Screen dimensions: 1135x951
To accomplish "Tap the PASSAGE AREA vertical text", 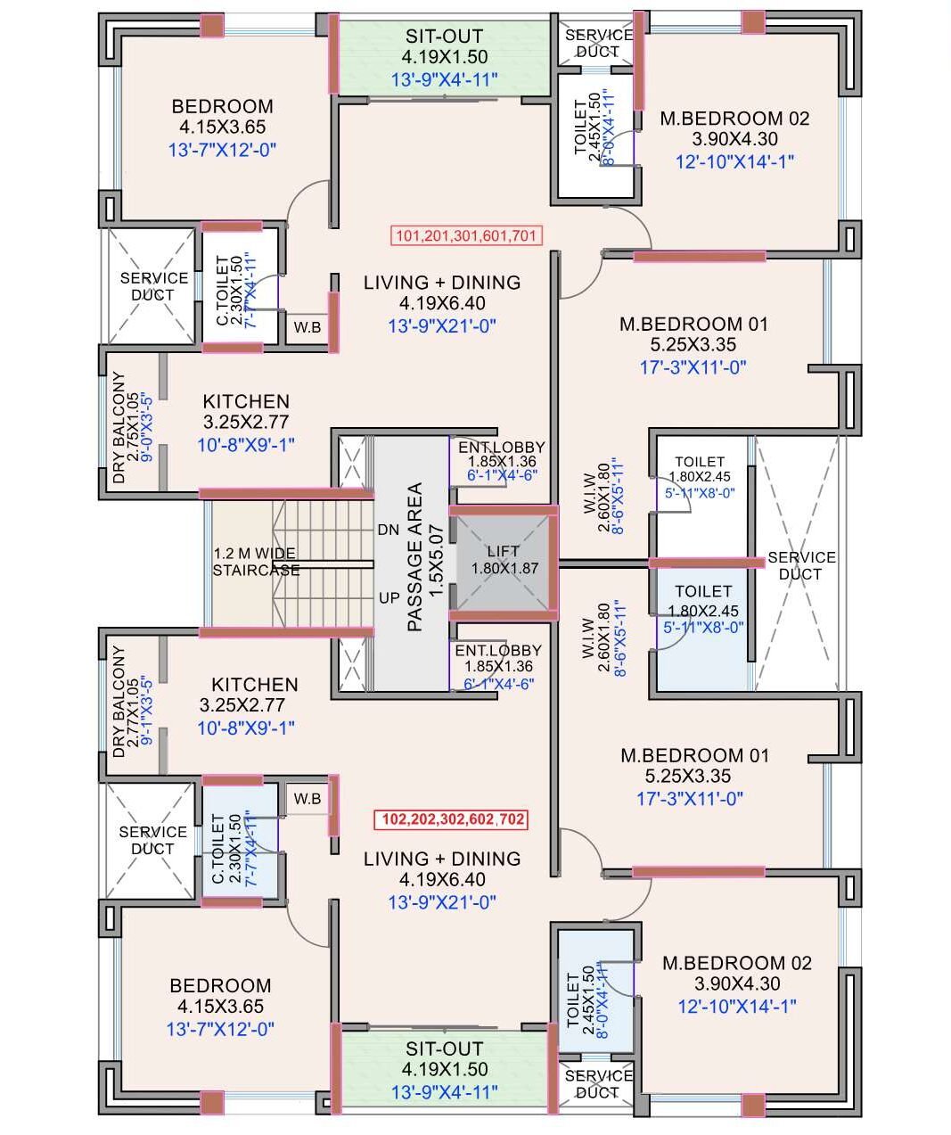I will click(414, 557).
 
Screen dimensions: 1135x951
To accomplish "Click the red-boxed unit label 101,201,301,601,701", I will click(466, 236).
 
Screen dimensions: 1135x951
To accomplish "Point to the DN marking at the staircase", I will click(388, 530).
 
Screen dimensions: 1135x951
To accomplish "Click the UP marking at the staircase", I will click(389, 597).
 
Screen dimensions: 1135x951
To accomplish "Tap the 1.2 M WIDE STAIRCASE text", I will click(256, 562).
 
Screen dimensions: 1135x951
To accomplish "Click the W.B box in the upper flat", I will click(307, 327).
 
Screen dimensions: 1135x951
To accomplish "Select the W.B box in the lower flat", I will click(307, 798).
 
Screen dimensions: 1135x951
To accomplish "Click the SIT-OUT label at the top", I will click(444, 37).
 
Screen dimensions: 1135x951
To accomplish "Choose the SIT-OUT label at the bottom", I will click(444, 1049).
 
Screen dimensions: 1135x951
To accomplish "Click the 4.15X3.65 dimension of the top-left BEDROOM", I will click(222, 127).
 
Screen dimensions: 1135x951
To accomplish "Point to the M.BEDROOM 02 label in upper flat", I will click(734, 118).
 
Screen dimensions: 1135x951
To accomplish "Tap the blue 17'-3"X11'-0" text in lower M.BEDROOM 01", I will click(692, 799).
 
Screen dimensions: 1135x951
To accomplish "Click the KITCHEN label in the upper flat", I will click(246, 401).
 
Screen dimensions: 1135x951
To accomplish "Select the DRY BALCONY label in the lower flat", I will click(120, 702).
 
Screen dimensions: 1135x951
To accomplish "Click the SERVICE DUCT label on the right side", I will click(801, 565).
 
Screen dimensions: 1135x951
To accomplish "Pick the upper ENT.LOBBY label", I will click(501, 448).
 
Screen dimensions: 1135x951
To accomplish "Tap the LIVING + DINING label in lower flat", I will click(442, 859).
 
